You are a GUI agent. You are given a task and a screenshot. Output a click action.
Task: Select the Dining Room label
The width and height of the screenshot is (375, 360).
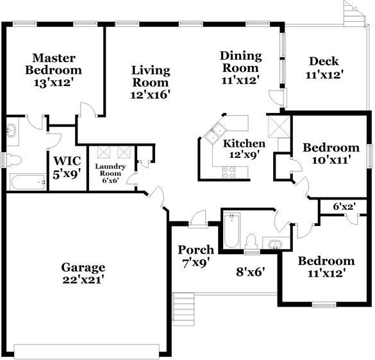(240, 62)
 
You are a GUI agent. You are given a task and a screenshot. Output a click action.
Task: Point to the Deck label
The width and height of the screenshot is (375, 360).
(324, 62)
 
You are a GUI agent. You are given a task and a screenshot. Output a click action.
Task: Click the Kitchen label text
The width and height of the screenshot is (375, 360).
(244, 144)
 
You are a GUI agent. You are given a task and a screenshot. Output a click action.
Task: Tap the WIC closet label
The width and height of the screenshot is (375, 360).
(66, 161)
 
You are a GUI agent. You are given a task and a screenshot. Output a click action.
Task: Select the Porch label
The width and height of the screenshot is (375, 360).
(196, 250)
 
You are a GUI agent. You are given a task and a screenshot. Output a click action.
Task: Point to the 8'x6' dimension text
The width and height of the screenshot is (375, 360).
(248, 271)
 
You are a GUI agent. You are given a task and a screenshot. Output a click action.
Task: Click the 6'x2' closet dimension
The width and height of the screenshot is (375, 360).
(344, 207)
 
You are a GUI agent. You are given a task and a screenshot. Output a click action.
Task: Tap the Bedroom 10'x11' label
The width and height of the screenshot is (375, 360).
(331, 148)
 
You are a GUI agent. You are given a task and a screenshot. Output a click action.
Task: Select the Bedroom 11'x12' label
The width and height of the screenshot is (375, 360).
(326, 261)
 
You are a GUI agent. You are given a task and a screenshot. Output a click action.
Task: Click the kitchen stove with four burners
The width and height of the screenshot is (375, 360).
(228, 171)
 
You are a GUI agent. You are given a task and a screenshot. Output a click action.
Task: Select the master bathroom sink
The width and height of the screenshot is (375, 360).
(12, 131)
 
